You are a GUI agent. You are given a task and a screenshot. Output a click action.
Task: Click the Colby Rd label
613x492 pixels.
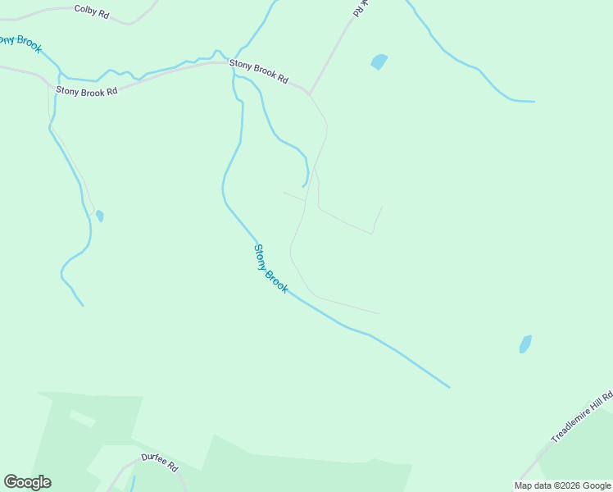tap(91, 11)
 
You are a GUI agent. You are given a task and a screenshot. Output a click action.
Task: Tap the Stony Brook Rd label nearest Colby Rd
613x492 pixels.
tap(87, 91)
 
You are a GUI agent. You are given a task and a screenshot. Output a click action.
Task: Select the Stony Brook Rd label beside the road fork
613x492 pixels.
tap(259, 72)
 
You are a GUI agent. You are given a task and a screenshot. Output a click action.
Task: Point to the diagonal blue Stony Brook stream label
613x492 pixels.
tap(270, 269)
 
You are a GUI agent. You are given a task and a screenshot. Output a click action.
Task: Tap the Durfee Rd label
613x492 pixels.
tap(160, 462)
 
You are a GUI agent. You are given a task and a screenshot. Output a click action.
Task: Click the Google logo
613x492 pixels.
tap(27, 482)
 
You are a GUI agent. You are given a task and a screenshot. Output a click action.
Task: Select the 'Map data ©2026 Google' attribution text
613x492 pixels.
tap(562, 485)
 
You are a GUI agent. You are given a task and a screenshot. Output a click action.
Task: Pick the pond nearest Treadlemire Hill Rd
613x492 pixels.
tap(525, 344)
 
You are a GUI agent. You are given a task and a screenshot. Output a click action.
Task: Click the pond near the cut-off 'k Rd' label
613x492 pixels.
tap(379, 61)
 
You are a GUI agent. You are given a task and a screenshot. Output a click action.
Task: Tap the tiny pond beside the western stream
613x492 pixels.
tap(100, 216)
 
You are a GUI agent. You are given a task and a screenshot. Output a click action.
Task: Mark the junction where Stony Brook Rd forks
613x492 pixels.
tap(309, 94)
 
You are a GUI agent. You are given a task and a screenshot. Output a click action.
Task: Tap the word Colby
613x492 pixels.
tap(85, 11)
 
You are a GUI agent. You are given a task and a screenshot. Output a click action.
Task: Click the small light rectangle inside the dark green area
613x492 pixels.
tap(82, 419)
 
